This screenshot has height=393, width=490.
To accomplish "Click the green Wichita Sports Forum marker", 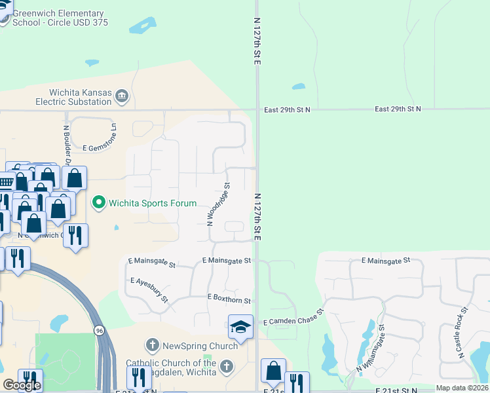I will (x=99, y=202).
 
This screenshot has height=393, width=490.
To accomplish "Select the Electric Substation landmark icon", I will (x=122, y=98).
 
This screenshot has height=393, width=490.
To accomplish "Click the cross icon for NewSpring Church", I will (x=152, y=345).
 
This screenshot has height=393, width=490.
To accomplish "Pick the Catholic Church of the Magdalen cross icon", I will (x=227, y=367).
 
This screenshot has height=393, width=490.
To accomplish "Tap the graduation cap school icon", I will (x=240, y=327).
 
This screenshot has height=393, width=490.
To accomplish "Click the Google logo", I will (x=22, y=386).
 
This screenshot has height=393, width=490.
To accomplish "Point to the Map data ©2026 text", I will (x=462, y=388).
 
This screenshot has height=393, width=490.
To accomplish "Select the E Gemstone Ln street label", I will (x=96, y=146).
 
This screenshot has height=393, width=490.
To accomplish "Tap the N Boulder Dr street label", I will (x=67, y=143).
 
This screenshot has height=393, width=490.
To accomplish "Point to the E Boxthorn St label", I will (x=229, y=299).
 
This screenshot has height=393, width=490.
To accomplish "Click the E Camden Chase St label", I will (x=293, y=318).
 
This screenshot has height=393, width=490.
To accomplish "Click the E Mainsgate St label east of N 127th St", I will (x=385, y=260).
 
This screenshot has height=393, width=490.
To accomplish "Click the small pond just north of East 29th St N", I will (x=298, y=86).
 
